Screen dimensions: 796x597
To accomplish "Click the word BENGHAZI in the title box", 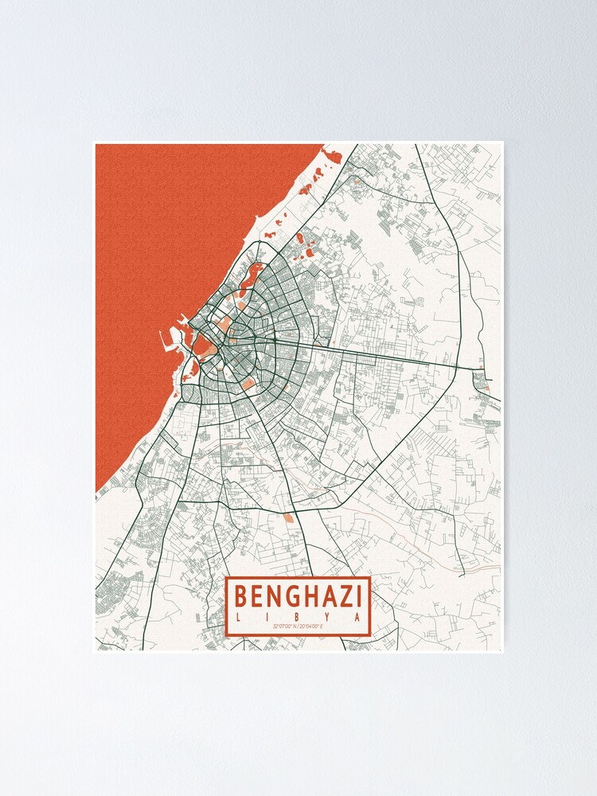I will click(x=298, y=595).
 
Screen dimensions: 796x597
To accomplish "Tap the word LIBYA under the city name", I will click(x=298, y=618).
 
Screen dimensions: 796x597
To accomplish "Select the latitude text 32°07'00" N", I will click(x=283, y=628).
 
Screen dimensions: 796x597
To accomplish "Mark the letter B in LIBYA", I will click(x=299, y=618).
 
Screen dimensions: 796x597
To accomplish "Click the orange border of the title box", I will click(x=228, y=605).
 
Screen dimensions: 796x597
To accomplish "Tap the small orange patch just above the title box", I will click(x=287, y=518).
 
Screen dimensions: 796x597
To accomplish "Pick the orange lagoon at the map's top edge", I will click(x=332, y=156).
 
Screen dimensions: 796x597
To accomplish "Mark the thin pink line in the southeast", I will click(x=478, y=568).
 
